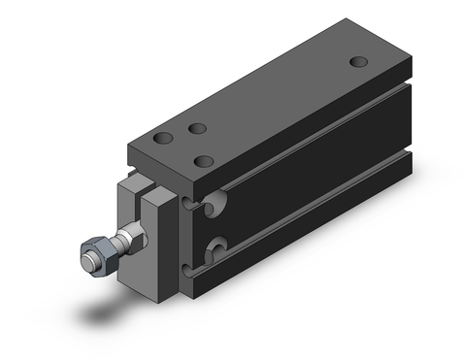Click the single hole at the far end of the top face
pos(359,62)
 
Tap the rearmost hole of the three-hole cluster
pos(197,128)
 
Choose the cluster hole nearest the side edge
pos(205,160)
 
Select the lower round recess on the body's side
pos(218,246)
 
